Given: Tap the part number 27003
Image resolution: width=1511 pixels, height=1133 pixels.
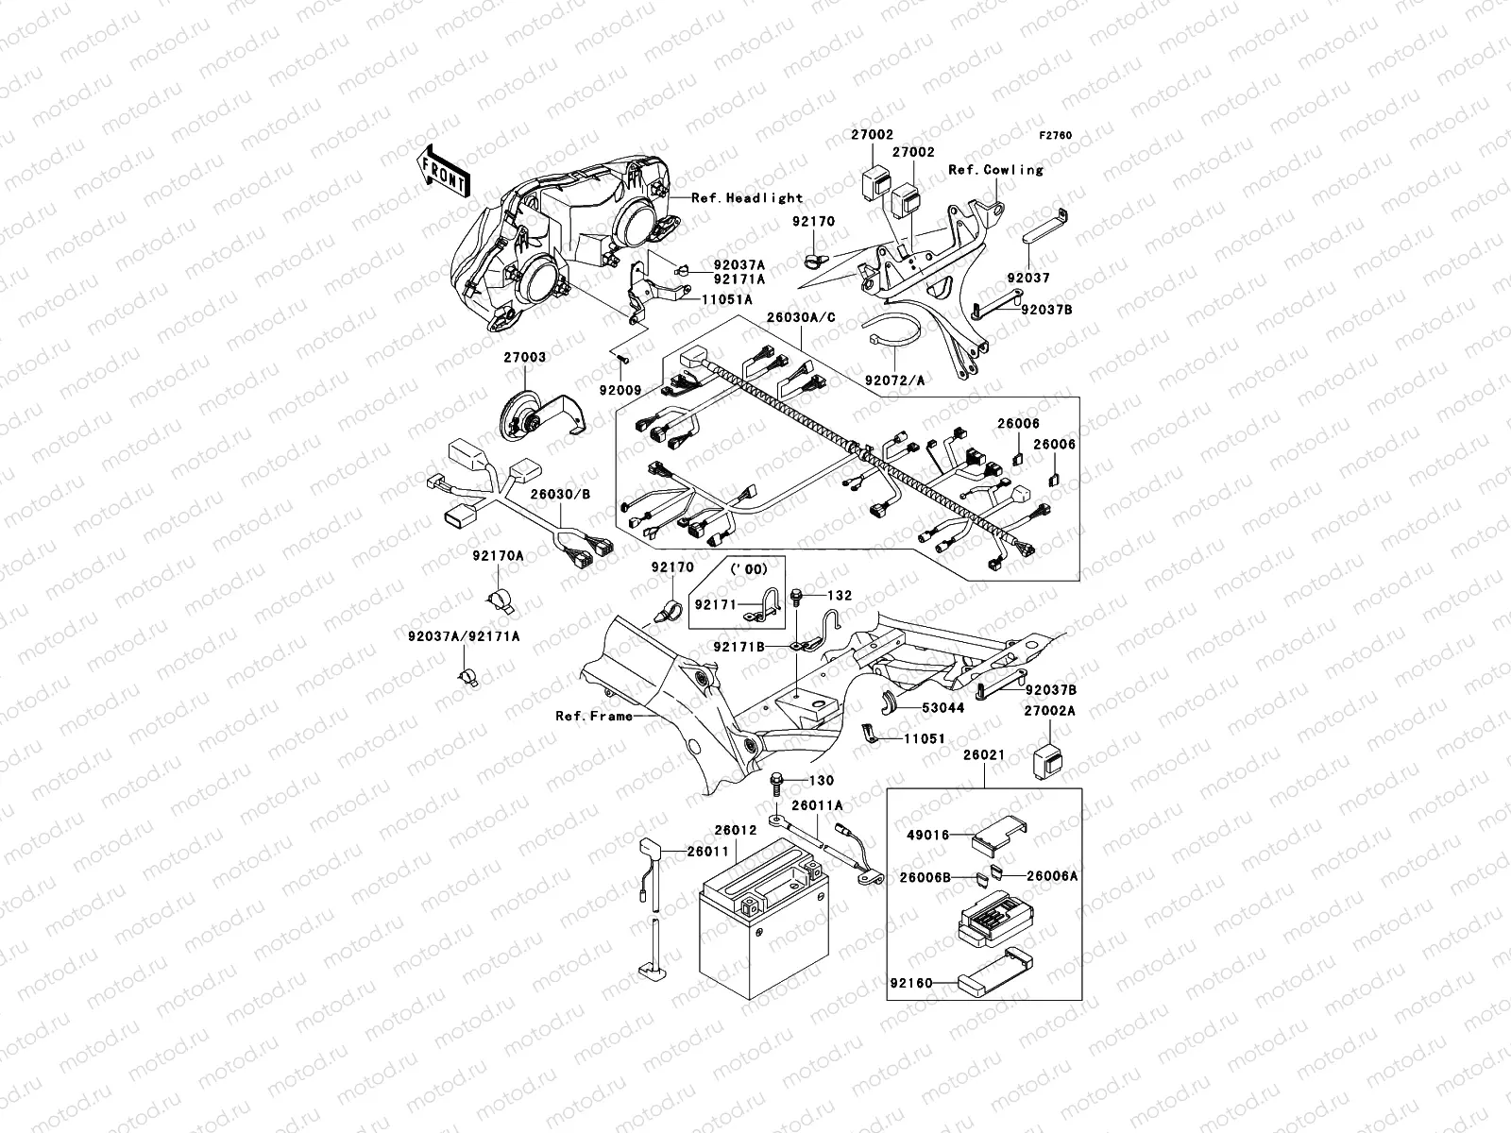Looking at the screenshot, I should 524,358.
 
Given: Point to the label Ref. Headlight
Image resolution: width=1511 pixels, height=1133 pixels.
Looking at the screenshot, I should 746,197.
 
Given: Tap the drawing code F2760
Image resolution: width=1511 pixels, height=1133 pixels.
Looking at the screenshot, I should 1056,136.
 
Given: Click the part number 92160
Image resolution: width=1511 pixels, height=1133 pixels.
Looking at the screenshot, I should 910,983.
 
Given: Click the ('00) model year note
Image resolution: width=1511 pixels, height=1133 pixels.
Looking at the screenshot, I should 746,568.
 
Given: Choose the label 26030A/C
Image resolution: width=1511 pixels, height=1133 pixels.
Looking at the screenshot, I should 802,317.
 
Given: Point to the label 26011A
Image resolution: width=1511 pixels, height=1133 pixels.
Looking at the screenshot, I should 817,805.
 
